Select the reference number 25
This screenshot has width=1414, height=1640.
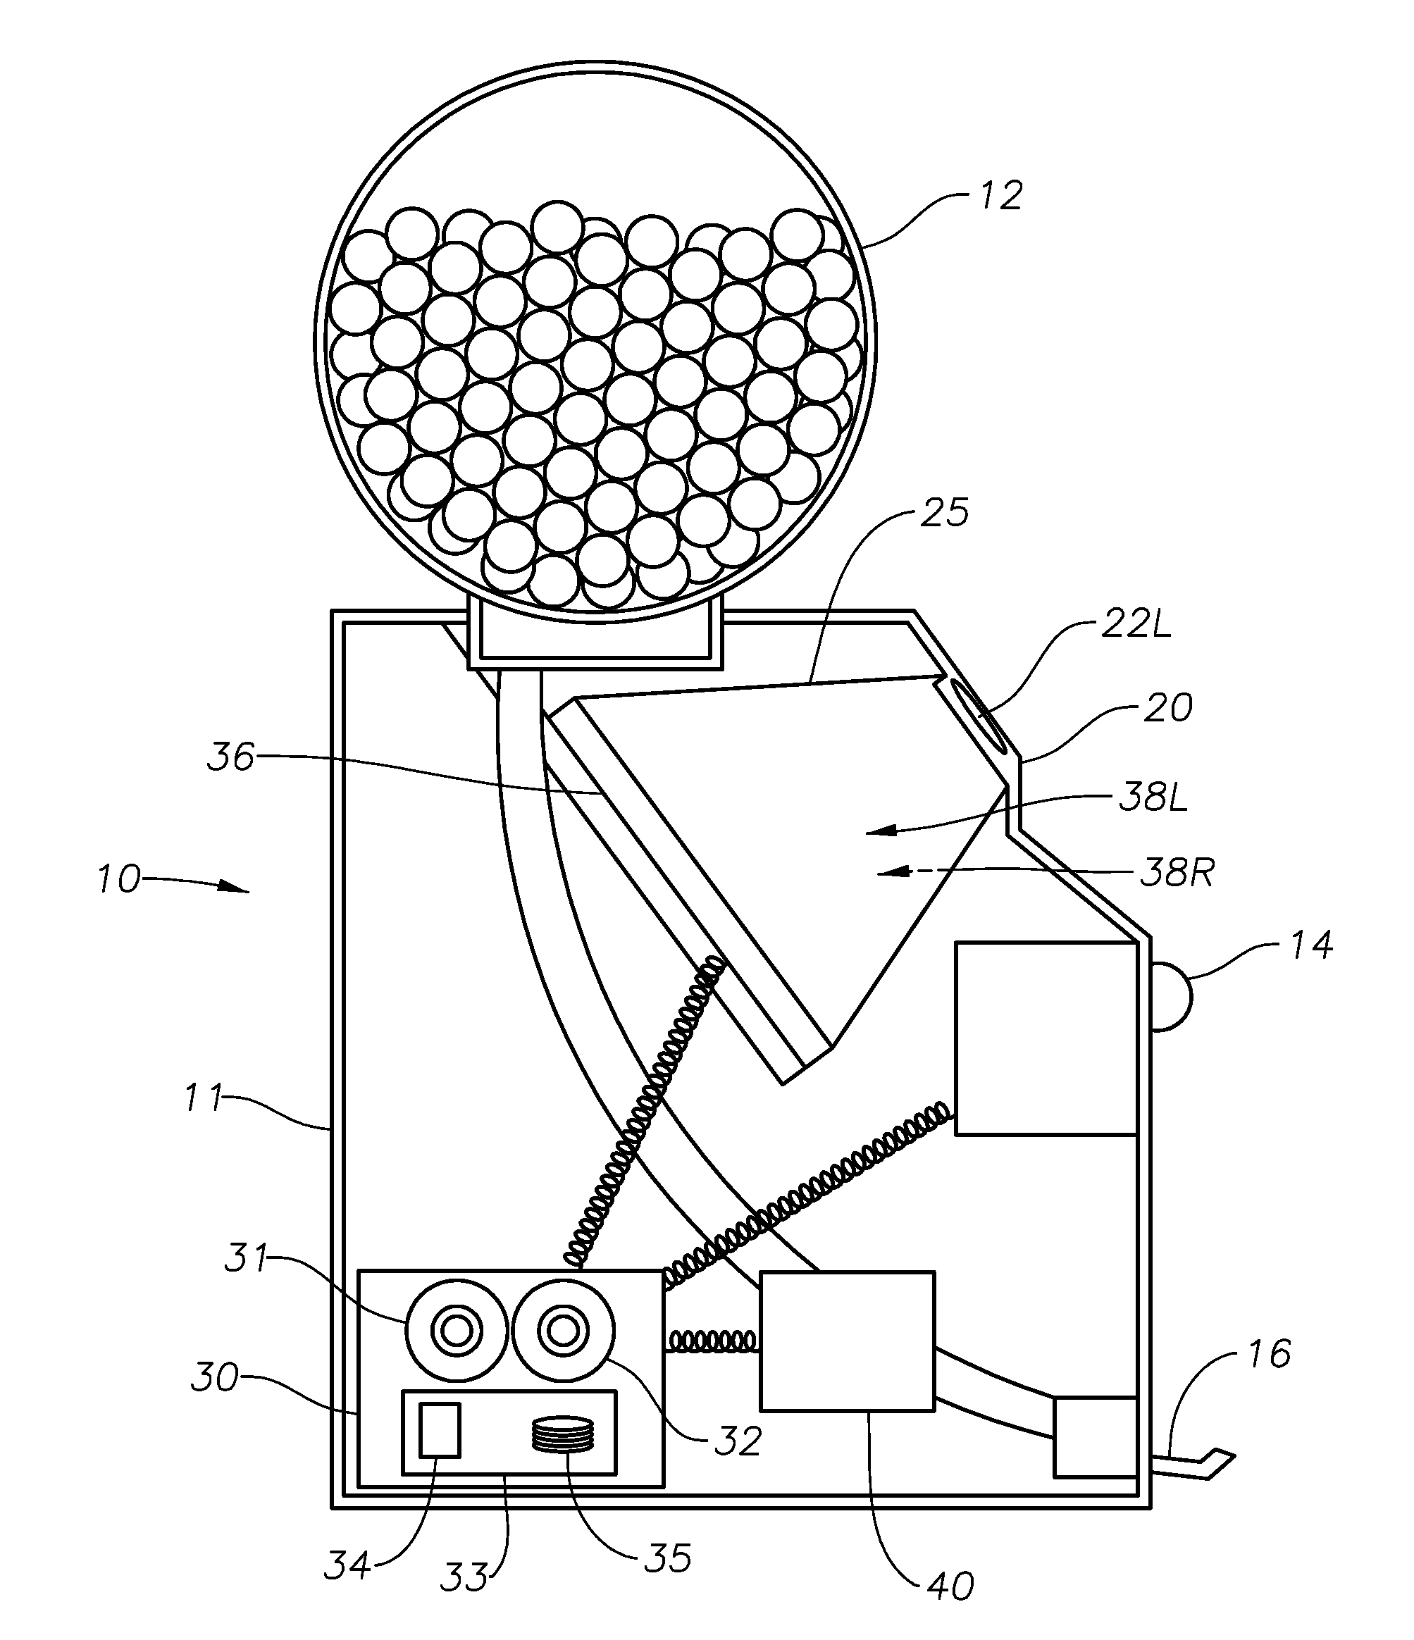click(x=945, y=514)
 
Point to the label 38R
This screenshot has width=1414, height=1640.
click(x=1177, y=874)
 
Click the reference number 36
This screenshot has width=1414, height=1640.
click(x=230, y=757)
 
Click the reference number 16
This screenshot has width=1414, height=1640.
click(x=1268, y=1353)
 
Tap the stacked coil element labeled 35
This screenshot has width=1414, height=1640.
click(x=562, y=1434)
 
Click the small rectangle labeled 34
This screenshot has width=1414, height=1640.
click(x=440, y=1429)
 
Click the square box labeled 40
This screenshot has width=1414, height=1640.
click(x=846, y=1341)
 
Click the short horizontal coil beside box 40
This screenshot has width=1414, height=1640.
click(x=711, y=1341)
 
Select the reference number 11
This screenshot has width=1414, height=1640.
click(x=203, y=1098)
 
